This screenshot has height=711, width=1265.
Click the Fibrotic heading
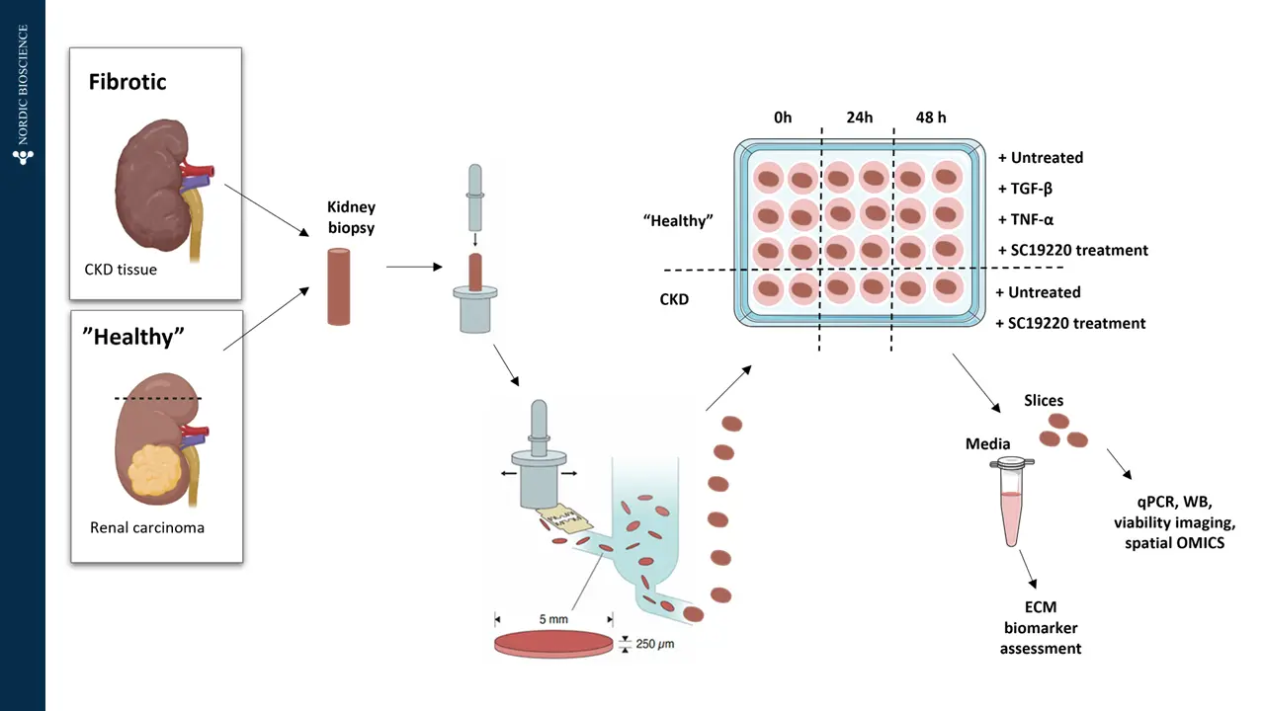point(127,82)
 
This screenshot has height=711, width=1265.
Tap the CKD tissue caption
point(121,270)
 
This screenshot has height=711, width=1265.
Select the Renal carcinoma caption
point(147,527)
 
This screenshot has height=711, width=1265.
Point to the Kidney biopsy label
point(351,217)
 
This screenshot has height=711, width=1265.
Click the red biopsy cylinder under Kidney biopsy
point(339,286)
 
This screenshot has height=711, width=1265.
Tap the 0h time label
point(783,118)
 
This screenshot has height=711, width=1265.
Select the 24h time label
point(860,118)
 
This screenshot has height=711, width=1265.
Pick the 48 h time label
point(931,118)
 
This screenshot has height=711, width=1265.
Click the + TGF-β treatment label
point(1025,189)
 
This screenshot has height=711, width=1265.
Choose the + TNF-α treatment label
point(1026,219)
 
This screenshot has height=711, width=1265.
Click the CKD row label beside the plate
point(674,299)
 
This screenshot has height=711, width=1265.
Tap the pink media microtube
point(1011,503)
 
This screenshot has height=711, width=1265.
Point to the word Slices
point(1044,400)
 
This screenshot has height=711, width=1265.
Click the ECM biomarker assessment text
point(1041,627)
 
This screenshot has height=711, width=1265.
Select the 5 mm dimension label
point(553,619)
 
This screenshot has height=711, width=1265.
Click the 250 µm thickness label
point(655,644)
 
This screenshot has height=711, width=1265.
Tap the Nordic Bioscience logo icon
point(23,157)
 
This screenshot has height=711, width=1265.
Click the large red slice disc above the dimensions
point(553,644)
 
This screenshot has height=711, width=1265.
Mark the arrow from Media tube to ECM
point(1029,570)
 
